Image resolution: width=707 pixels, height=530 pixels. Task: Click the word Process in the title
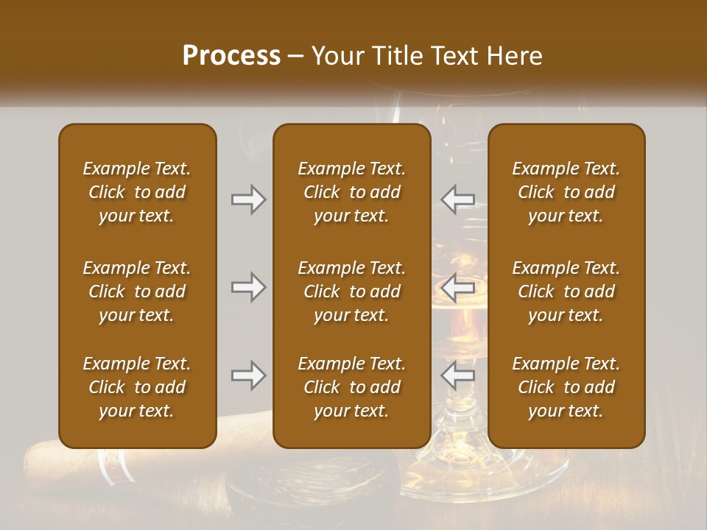[x=231, y=56]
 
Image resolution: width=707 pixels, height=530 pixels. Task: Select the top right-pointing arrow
[x=249, y=199]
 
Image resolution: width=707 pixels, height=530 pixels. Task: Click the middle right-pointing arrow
[x=249, y=287]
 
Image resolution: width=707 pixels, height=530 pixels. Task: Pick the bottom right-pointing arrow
[x=249, y=375]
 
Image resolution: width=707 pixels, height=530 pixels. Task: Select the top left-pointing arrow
[x=457, y=199]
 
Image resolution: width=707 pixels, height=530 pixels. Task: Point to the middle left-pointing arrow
[x=457, y=287]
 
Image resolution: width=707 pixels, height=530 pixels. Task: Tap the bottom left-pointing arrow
[x=457, y=375]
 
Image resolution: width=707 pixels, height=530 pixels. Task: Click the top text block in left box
[x=137, y=192]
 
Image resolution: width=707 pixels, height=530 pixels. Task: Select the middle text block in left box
[x=137, y=291]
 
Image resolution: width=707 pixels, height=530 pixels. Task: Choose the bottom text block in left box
[x=137, y=387]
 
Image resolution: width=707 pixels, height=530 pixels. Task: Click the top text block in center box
[x=351, y=192]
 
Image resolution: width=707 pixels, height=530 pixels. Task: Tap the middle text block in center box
[x=351, y=291]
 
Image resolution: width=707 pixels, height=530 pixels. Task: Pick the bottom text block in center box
[x=351, y=387]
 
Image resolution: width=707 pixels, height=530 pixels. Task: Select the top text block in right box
[x=566, y=192]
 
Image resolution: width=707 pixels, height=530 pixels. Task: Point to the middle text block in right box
[x=566, y=291]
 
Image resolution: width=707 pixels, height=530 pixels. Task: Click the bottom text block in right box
[x=566, y=387]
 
